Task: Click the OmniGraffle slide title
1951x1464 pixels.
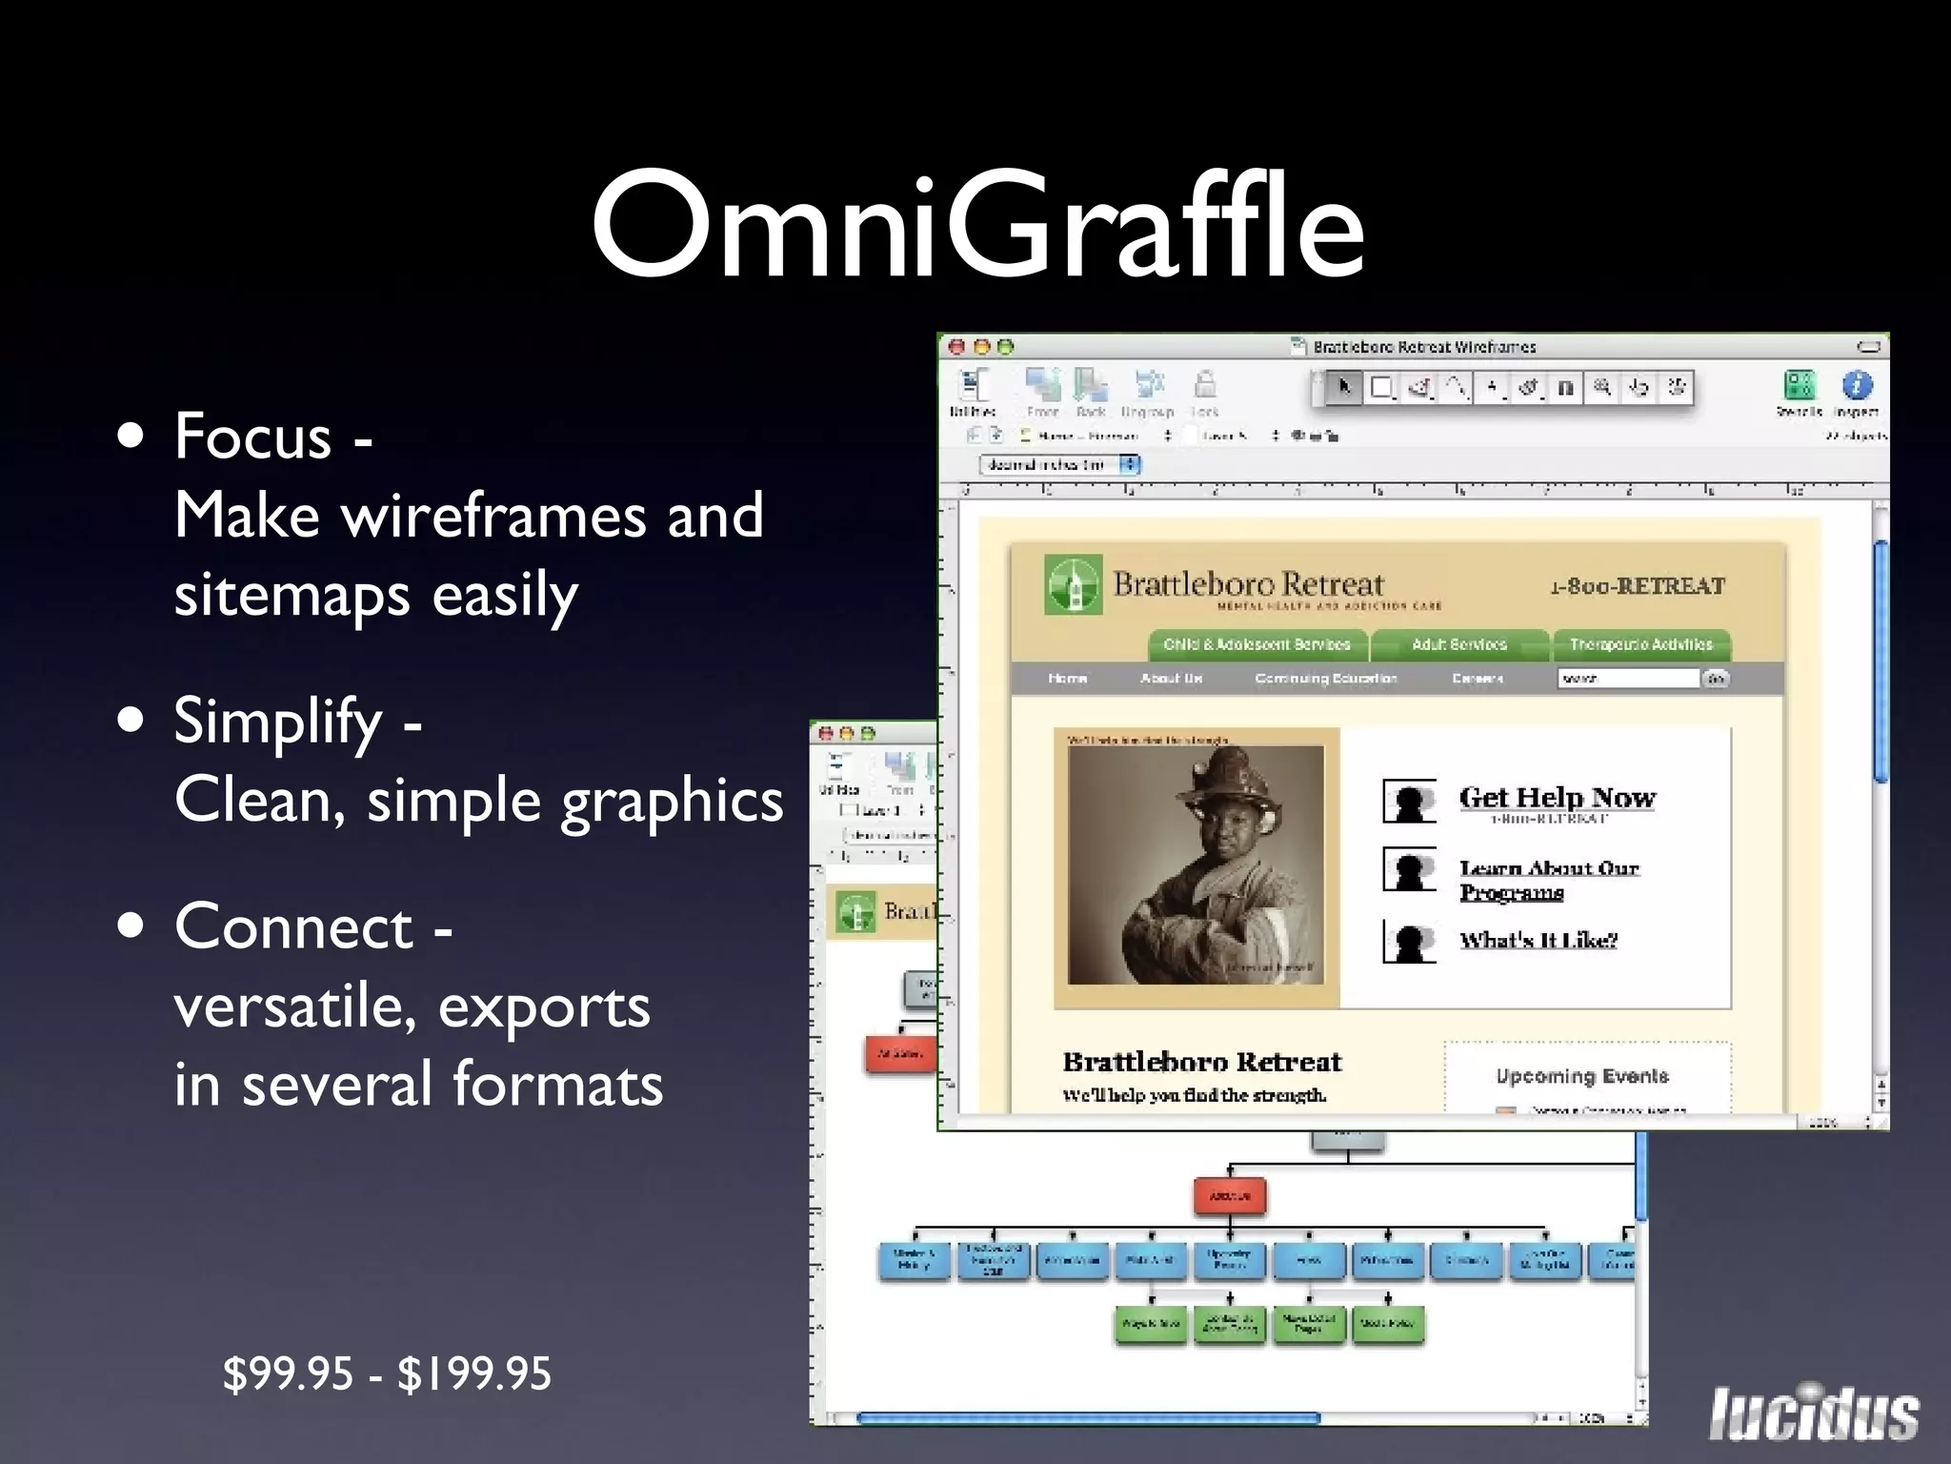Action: tap(977, 226)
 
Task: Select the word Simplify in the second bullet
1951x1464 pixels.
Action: tap(278, 721)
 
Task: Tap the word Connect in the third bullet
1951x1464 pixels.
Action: tap(293, 926)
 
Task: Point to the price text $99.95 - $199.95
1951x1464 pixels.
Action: tap(387, 1374)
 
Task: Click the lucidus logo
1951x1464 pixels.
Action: tap(1813, 1413)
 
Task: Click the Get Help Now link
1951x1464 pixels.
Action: tap(1557, 797)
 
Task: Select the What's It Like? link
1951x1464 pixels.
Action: tap(1538, 940)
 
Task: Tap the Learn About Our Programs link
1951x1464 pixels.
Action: tap(1548, 879)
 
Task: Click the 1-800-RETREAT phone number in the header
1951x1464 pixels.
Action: tap(1637, 586)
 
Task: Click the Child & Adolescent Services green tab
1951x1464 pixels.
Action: tap(1257, 644)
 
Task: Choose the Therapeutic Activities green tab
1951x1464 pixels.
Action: tap(1640, 644)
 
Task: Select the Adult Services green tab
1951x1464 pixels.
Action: tap(1459, 644)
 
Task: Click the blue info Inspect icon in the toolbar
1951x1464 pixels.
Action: tap(1857, 385)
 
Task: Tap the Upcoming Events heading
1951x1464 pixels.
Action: tap(1581, 1076)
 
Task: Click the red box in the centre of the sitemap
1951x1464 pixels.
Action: tap(1230, 1195)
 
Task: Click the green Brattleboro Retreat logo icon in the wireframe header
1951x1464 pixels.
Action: tap(1074, 584)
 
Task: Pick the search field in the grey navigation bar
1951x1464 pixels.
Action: tap(1628, 679)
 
